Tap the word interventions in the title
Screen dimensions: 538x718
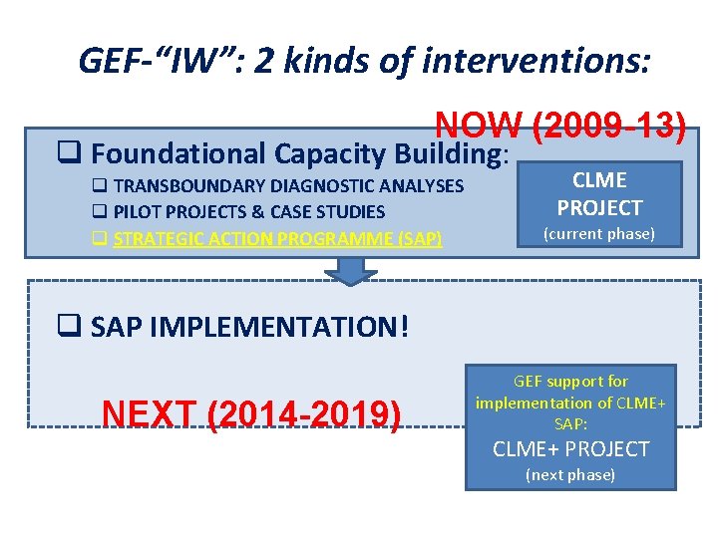(x=537, y=62)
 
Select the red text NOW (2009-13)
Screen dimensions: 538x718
(x=560, y=127)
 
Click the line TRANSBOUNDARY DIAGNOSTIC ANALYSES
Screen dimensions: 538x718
(x=288, y=185)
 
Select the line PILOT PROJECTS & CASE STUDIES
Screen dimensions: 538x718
(x=249, y=211)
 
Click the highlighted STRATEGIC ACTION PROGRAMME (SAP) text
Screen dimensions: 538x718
(x=277, y=238)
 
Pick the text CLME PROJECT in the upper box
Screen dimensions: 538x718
(x=598, y=194)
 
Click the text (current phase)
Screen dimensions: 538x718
(x=598, y=234)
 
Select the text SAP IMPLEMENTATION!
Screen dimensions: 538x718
(x=249, y=328)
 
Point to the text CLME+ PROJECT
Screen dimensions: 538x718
(x=570, y=449)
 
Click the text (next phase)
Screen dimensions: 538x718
(x=570, y=475)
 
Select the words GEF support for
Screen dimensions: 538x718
(x=570, y=382)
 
